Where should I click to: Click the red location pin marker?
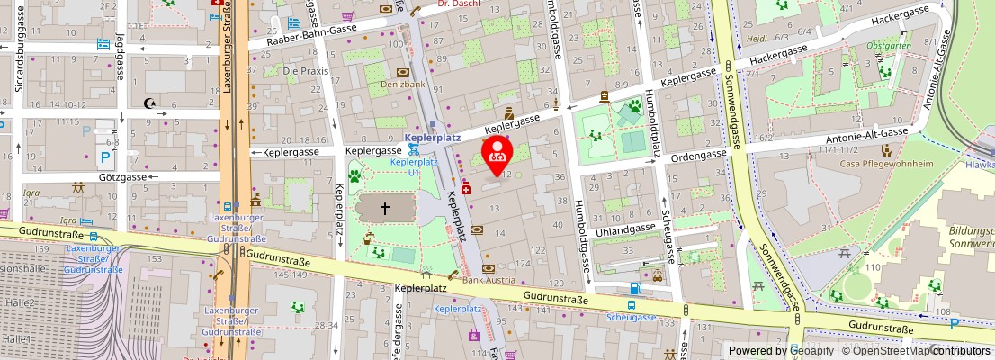497,154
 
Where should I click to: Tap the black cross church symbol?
385,209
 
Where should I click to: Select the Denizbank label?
402,84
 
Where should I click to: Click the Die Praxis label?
302,70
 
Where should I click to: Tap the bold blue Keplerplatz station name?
433,138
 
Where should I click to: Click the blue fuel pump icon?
636,288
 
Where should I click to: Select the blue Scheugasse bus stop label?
631,316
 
